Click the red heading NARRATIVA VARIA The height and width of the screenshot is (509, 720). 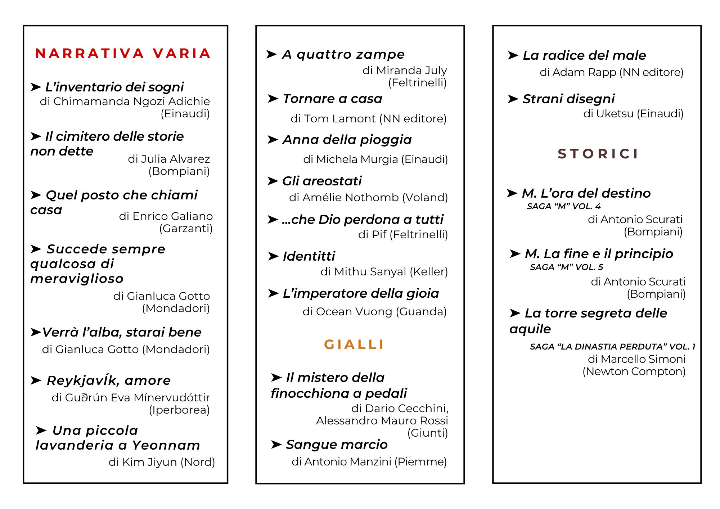click(123, 54)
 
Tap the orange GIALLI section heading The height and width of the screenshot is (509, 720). click(354, 344)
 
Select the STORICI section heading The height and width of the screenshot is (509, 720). click(598, 154)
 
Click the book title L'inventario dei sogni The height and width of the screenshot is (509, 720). click(114, 87)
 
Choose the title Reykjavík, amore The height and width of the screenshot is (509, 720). click(108, 380)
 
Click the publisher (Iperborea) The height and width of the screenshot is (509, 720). click(179, 410)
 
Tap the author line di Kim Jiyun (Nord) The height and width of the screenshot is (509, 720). click(162, 462)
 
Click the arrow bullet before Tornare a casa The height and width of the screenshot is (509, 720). click(273, 99)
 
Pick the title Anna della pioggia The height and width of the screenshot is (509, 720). click(347, 140)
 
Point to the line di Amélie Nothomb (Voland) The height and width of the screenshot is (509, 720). click(368, 197)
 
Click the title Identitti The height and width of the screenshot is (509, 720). click(309, 256)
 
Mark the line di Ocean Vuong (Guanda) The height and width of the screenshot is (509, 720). click(374, 311)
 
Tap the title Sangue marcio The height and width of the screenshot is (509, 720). click(337, 445)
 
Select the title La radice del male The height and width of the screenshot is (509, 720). click(584, 55)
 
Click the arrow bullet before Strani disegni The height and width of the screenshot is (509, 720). click(513, 99)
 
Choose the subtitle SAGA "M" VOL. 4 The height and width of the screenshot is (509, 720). click(563, 206)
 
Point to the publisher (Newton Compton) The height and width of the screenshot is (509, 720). click(634, 371)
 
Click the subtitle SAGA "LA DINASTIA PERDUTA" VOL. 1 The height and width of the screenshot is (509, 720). click(612, 347)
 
